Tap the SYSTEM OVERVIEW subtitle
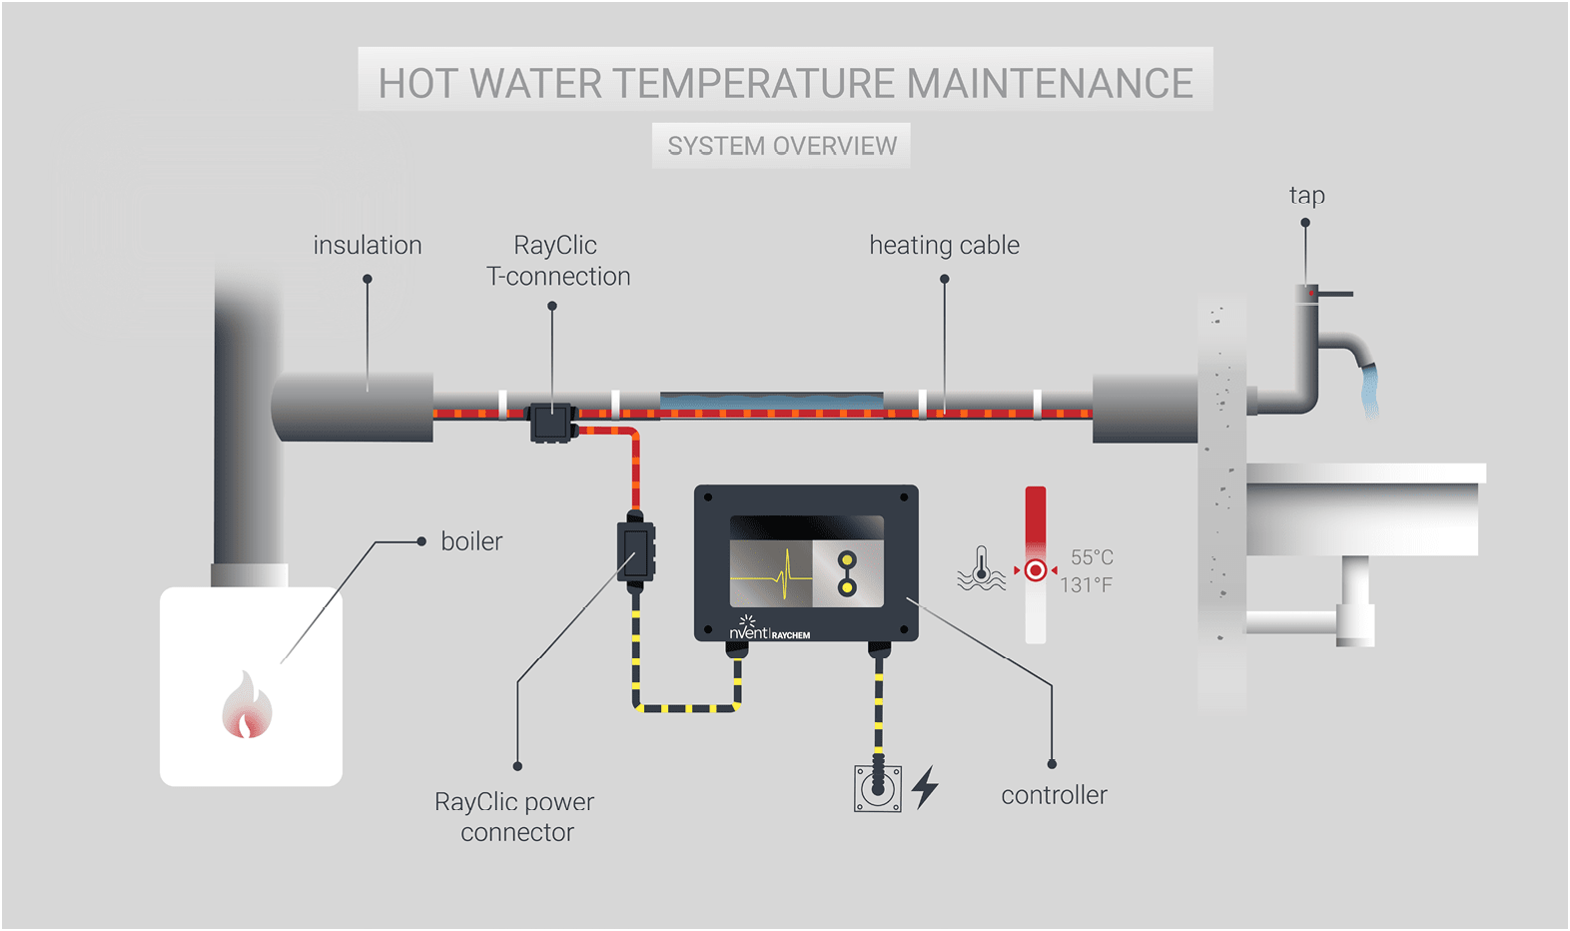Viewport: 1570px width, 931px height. tap(782, 146)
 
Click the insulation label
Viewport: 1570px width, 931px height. tap(368, 245)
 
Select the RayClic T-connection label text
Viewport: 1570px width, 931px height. tap(557, 261)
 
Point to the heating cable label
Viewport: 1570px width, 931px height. tap(944, 245)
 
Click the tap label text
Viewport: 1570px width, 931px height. tap(1306, 195)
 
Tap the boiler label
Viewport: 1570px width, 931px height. tap(471, 541)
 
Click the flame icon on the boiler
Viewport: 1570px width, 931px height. tap(247, 706)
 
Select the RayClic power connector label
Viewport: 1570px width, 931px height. tap(515, 817)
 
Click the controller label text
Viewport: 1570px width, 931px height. tap(1054, 795)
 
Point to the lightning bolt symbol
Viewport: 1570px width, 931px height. tap(926, 786)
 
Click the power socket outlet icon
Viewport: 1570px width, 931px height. tap(878, 788)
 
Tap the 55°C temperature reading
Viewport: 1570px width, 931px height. tap(1092, 557)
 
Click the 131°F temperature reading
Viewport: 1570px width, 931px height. tap(1086, 584)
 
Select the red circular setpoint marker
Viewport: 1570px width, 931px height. tap(1036, 570)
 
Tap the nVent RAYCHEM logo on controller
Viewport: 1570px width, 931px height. tap(769, 631)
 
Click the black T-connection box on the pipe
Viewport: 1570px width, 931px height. tap(551, 422)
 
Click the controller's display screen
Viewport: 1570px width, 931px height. tap(806, 560)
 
